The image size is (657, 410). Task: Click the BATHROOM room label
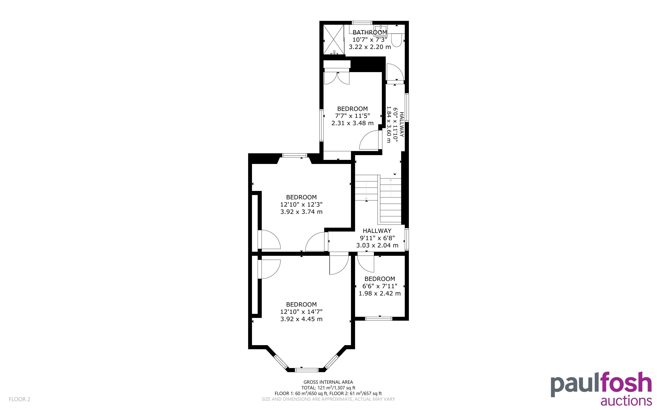(370, 32)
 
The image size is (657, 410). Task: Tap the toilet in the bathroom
(396, 40)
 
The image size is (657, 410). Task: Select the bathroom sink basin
(381, 29)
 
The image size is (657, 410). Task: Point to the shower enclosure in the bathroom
(333, 40)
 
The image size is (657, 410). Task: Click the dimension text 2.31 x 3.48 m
(352, 123)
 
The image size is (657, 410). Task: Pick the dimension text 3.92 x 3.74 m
(301, 212)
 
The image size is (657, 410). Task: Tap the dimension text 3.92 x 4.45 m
(301, 319)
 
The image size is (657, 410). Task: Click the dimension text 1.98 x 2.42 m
(380, 293)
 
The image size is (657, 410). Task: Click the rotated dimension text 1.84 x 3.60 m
(389, 124)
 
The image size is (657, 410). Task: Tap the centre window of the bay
(307, 370)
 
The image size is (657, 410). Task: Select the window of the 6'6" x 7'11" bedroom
(379, 319)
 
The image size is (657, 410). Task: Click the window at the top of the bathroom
(362, 23)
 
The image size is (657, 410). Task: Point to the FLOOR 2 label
(20, 399)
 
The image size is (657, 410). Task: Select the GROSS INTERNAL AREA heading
(328, 382)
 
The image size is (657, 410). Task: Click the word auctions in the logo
(626, 401)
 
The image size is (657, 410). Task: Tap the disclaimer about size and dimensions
(328, 399)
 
